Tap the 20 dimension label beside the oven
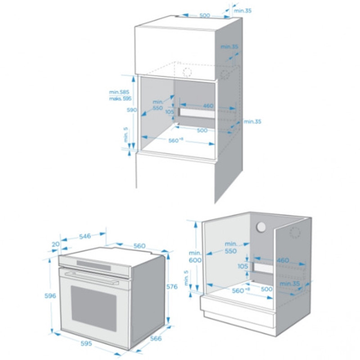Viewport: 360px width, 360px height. [56, 244]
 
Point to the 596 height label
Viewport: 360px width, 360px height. [50, 296]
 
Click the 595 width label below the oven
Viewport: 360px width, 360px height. [86, 343]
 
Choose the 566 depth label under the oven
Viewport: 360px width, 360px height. [156, 338]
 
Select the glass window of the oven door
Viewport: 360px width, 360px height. [94, 309]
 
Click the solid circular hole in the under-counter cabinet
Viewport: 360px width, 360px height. [261, 228]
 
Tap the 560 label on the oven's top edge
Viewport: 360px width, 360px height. [139, 246]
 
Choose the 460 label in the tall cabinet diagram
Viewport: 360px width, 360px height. [208, 106]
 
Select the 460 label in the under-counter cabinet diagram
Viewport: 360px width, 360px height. [283, 260]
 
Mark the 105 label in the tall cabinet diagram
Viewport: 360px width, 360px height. [170, 112]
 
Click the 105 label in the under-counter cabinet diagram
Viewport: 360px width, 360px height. [243, 266]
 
